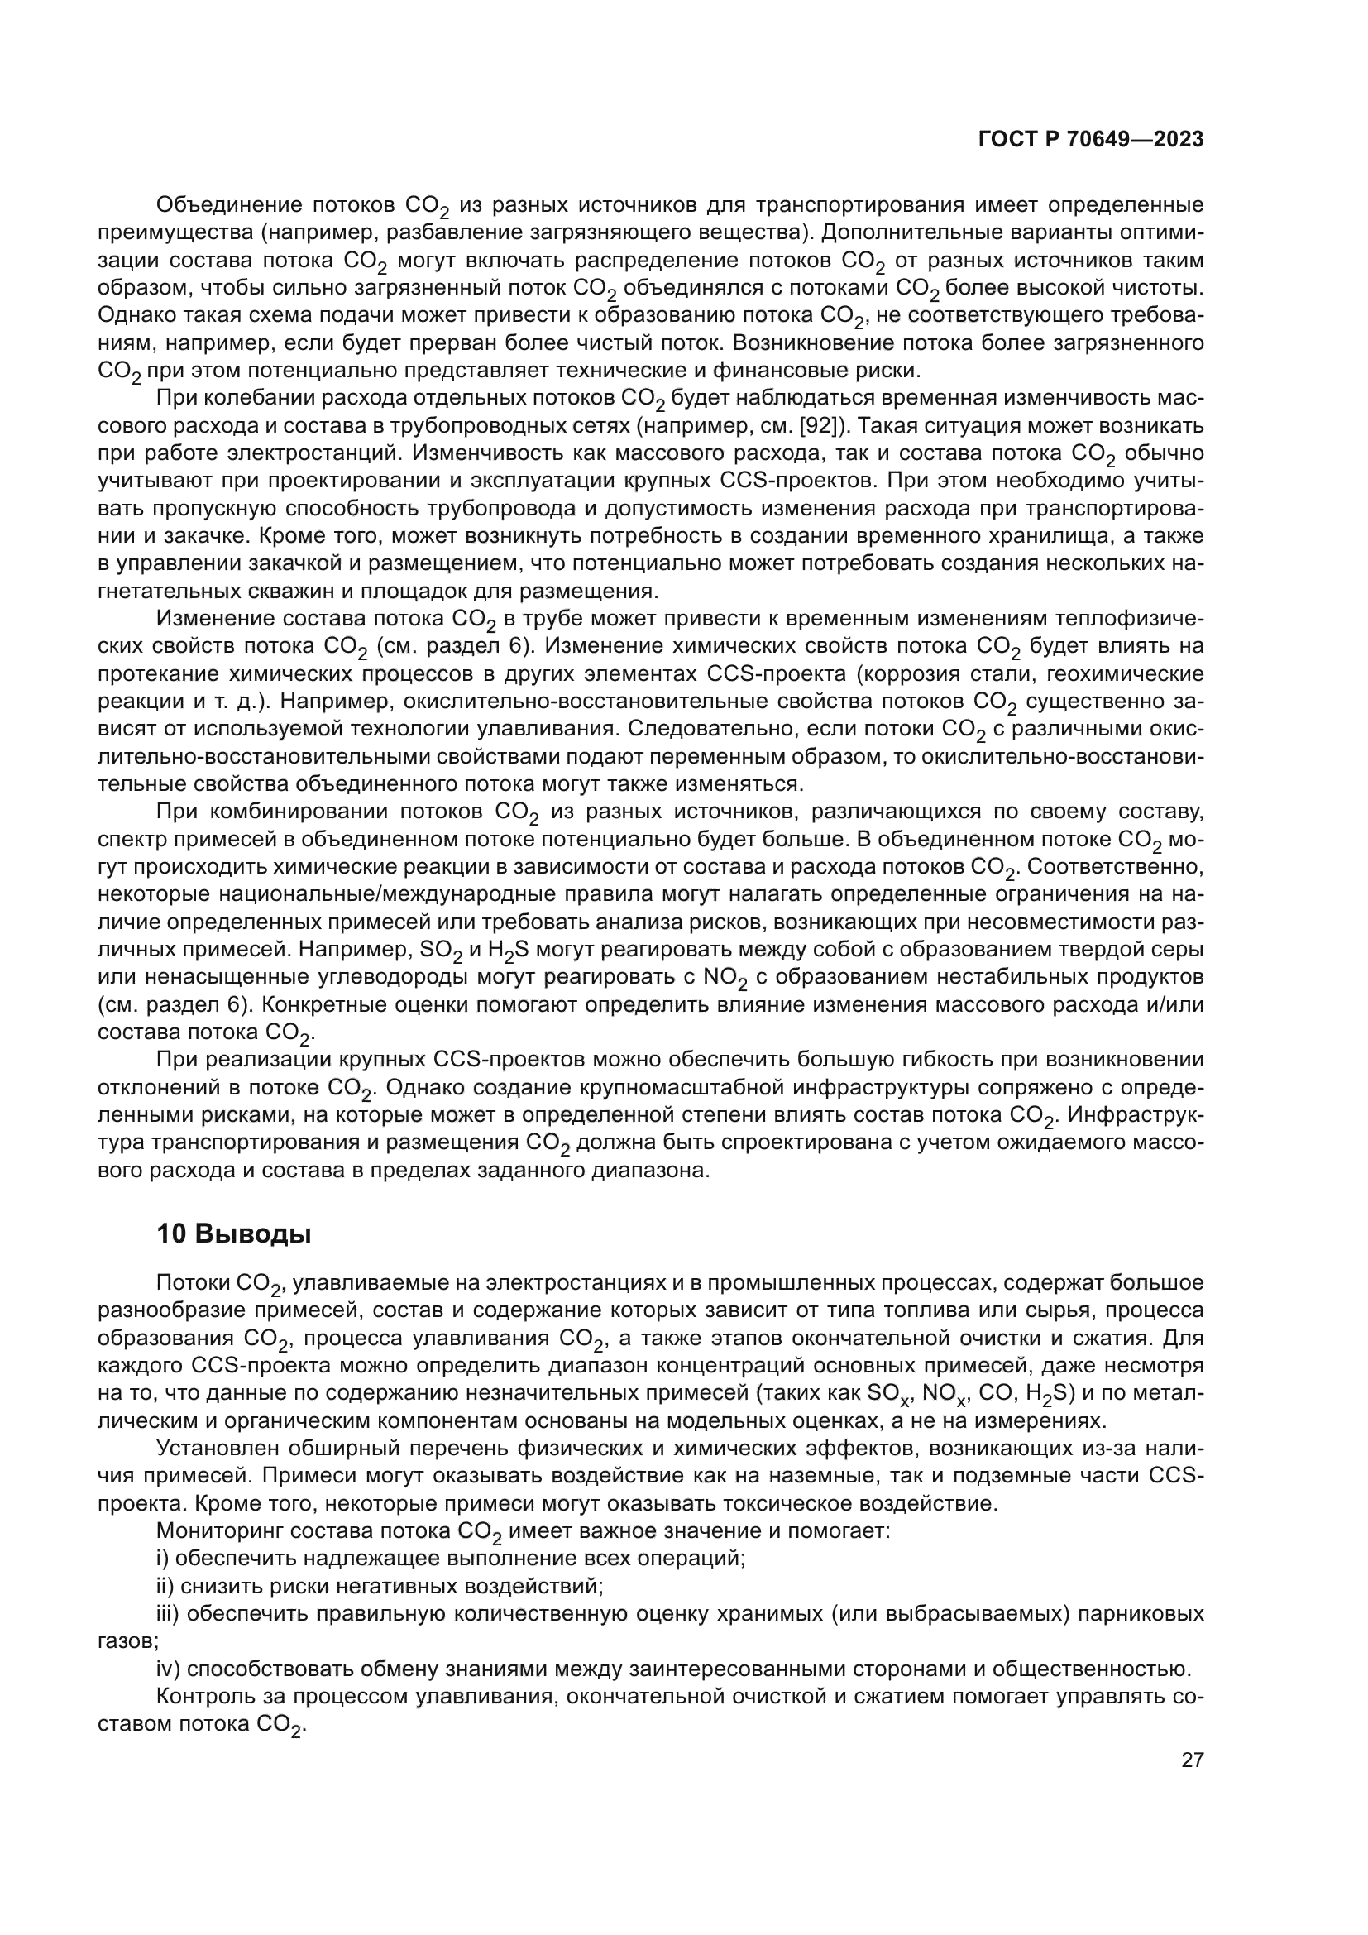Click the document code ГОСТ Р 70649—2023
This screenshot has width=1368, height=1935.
click(1091, 140)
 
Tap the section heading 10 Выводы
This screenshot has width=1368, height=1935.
click(234, 1233)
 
